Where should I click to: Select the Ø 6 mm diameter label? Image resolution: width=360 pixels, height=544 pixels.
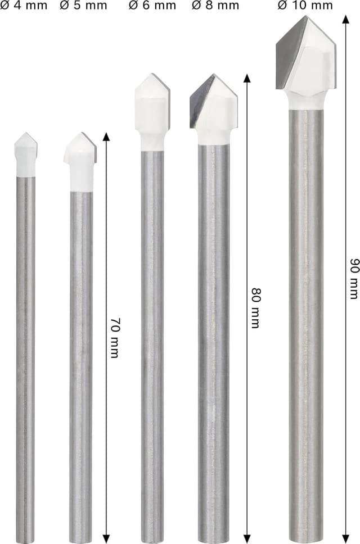[152, 6]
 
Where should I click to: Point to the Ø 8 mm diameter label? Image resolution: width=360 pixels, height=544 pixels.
[215, 6]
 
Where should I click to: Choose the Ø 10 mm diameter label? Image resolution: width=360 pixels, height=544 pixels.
[304, 6]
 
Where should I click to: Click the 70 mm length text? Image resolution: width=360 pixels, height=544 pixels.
[115, 338]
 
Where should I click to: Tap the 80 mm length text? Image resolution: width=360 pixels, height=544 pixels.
[255, 307]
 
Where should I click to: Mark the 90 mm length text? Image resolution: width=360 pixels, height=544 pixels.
[354, 278]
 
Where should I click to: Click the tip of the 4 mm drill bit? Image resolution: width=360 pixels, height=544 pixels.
[25, 135]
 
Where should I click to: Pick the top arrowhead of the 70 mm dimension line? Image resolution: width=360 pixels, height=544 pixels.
[106, 137]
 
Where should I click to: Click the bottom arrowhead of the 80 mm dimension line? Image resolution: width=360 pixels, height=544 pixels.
[246, 539]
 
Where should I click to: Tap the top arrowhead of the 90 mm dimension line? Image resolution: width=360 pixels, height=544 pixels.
[345, 20]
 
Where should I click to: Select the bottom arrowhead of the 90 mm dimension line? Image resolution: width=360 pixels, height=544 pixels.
[345, 539]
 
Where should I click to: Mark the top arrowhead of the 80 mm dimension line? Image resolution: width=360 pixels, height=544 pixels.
[246, 77]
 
